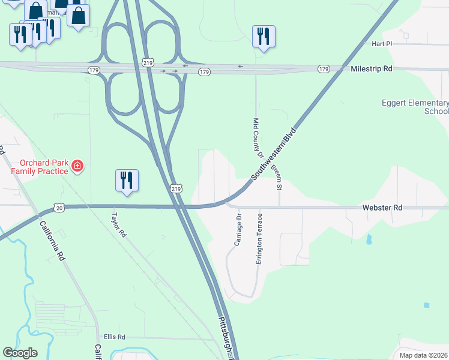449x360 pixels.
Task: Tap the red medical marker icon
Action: pos(77,166)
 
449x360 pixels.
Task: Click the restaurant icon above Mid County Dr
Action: pos(264,37)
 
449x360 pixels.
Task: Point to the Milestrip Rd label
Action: pos(371,69)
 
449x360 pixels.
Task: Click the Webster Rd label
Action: pos(382,207)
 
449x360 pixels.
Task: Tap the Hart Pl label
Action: pos(381,44)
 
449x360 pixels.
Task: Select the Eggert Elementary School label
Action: pos(415,107)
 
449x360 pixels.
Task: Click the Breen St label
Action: pos(276,178)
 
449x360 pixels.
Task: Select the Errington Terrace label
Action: pos(259,238)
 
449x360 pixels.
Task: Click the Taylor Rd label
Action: pos(118,223)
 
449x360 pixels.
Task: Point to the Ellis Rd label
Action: pos(114,337)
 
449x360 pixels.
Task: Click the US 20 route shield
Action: pos(58,207)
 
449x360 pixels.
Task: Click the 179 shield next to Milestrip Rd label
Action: pos(324,69)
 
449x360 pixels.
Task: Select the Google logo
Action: pos(20,353)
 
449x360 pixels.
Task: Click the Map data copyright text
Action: pos(423,355)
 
